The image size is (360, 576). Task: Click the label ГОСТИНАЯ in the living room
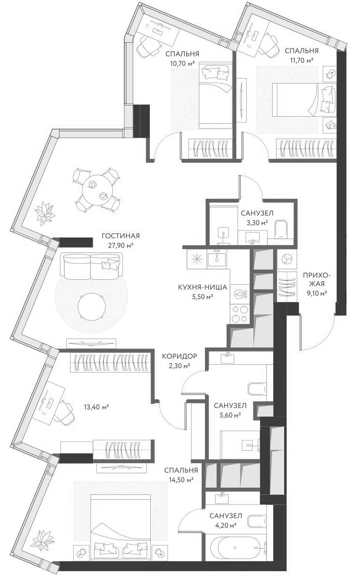[x=120, y=236]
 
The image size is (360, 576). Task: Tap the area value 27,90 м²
[x=120, y=245]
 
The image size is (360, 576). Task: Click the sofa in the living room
[x=91, y=267]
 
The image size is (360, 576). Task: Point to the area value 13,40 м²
[x=96, y=407]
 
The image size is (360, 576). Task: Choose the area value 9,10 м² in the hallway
[x=314, y=293]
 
